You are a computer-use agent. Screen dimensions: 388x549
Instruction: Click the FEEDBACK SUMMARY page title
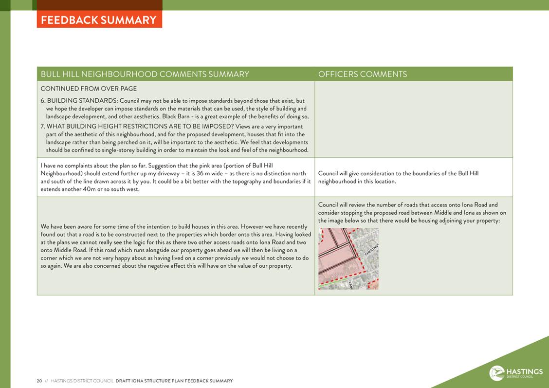(x=99, y=20)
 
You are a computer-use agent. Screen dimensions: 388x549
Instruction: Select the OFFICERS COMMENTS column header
(x=363, y=74)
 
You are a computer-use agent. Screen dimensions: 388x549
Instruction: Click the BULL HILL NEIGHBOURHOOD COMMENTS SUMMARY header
(x=145, y=74)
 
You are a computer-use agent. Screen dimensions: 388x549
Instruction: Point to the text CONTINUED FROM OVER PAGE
(x=89, y=89)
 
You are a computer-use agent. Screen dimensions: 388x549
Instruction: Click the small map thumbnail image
(x=348, y=259)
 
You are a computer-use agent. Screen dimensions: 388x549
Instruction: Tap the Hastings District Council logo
(x=515, y=373)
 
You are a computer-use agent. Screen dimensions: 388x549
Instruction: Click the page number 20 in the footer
(x=39, y=381)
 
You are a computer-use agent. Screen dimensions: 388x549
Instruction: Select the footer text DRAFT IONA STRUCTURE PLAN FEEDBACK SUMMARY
(x=174, y=381)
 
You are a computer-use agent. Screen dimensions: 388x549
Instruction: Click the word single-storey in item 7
(x=118, y=150)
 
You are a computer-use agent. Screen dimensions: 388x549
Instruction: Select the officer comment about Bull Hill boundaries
(x=398, y=177)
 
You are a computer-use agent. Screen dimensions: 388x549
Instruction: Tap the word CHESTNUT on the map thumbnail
(x=371, y=247)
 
